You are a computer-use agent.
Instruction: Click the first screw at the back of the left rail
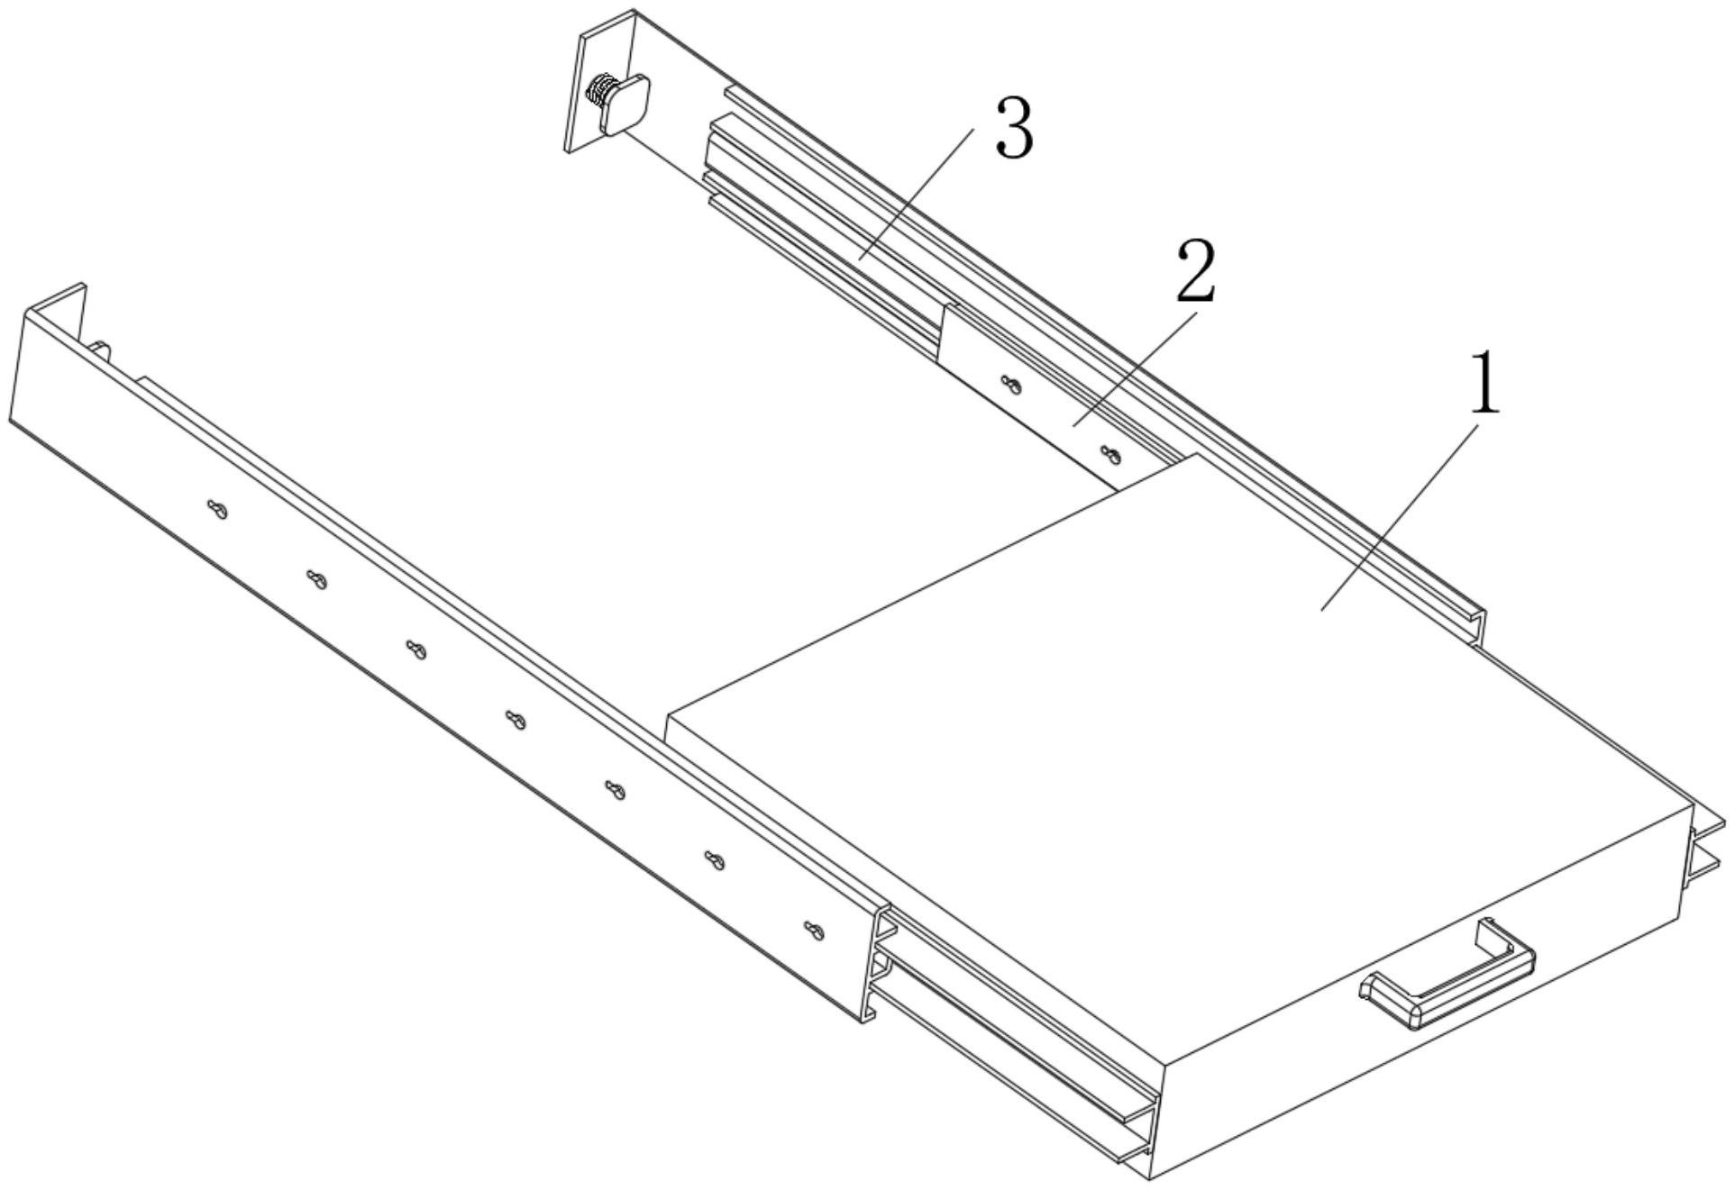217,510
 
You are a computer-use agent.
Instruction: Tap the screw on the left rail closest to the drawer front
814,931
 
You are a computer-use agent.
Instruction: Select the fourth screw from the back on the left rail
516,721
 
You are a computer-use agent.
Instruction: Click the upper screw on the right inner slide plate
1011,385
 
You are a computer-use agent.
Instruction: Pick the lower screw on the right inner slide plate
1111,455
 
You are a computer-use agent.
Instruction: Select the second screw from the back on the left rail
315,580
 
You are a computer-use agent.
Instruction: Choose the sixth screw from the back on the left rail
715,861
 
